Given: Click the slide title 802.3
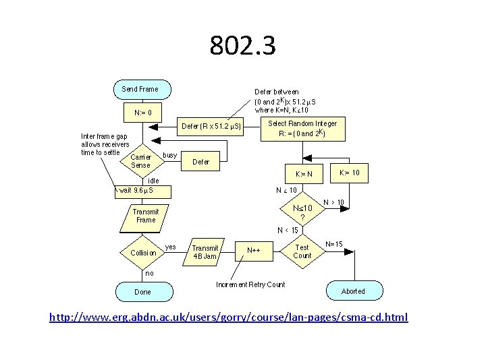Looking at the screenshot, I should [242, 46].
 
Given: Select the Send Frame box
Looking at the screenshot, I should [140, 89].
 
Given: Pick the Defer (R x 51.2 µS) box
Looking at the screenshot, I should [211, 126].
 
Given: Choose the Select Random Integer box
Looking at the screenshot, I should [302, 128].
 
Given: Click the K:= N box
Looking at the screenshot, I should [304, 174].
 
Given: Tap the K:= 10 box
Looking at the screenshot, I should [349, 173].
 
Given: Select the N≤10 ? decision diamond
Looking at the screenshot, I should [302, 212].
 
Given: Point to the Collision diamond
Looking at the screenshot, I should [142, 253].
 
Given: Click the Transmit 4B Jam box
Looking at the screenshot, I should [205, 252].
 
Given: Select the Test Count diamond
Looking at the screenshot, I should [302, 251].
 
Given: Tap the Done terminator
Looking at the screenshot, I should [142, 292].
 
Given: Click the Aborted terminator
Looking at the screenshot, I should [352, 291].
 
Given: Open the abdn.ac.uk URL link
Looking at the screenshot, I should [228, 317].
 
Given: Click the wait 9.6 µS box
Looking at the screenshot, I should [143, 191].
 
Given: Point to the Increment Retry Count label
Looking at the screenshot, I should [250, 284].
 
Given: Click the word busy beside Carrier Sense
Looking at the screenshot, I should [170, 155].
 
